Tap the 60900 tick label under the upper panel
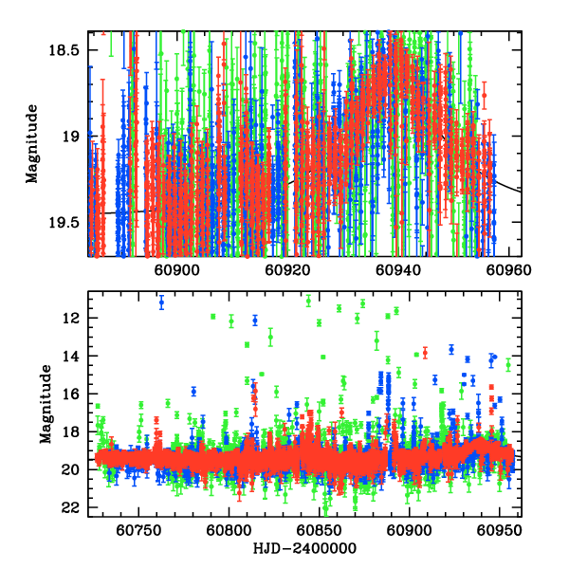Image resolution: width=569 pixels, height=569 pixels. click(174, 269)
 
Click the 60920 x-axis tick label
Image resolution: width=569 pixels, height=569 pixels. click(285, 269)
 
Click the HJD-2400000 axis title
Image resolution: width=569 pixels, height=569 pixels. click(303, 549)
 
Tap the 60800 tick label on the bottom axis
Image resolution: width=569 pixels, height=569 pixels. click(229, 530)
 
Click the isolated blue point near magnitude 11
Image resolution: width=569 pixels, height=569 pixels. click(161, 303)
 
